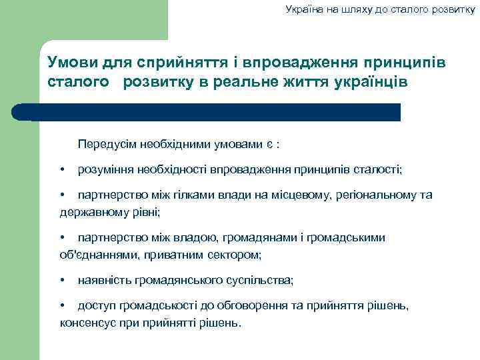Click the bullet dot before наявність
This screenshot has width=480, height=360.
coord(61,281)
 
